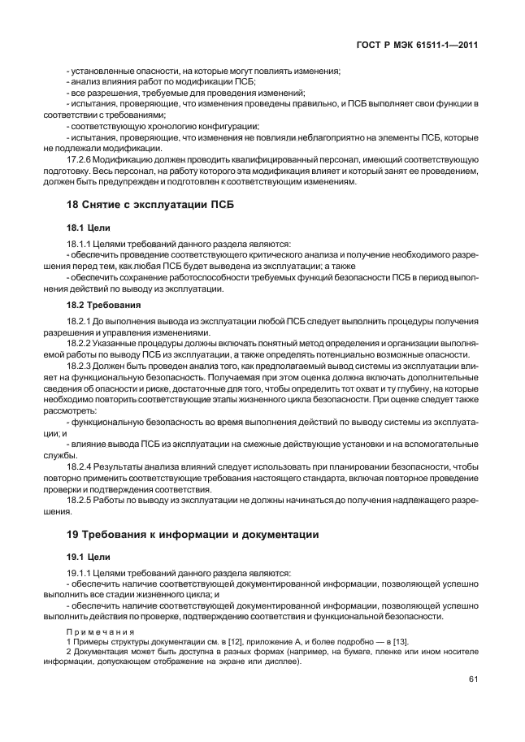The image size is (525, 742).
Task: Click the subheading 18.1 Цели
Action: tap(83, 228)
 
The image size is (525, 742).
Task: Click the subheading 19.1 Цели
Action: tap(83, 558)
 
